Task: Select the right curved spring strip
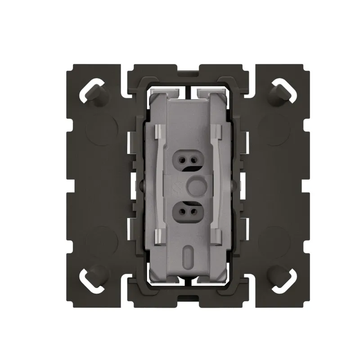[x=216, y=184]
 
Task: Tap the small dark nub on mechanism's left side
[x=140, y=184]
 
